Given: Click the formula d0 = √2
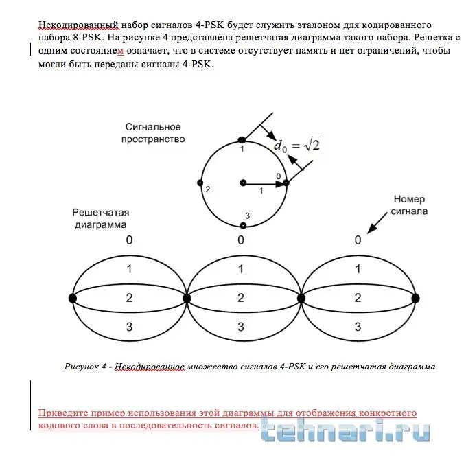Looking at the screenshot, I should (297, 145).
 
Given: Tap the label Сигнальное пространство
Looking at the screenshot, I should (153, 132).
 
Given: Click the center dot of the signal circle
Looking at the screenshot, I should (243, 183).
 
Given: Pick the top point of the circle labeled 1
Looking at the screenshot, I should (241, 140).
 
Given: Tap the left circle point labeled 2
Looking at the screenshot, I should (200, 183).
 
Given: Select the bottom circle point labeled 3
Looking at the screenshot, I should (243, 224).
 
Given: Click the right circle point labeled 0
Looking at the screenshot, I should (286, 183).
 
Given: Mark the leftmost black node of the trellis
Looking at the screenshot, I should (73, 298).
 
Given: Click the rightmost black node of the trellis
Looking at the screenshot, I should (415, 298).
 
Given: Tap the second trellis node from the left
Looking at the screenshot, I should (187, 298).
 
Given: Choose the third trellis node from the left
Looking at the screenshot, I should (301, 298).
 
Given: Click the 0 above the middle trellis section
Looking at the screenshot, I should (241, 240).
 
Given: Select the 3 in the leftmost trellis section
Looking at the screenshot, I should (129, 327).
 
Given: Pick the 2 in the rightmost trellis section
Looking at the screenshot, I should (358, 298).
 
